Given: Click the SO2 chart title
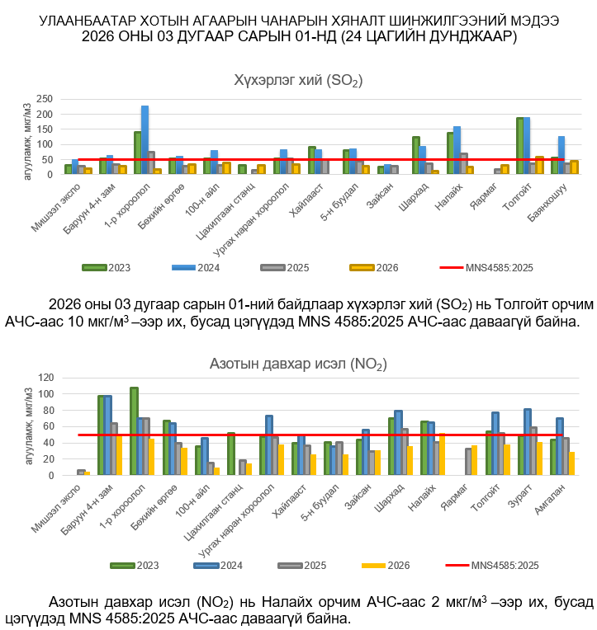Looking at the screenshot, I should (x=298, y=80).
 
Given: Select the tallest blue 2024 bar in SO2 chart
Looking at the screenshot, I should (x=145, y=139).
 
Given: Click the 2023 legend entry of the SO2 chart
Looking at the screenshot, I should (x=107, y=267).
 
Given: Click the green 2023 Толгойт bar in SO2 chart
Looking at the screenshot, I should (x=520, y=146).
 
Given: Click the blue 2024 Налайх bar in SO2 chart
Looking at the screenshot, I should (x=457, y=150).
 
